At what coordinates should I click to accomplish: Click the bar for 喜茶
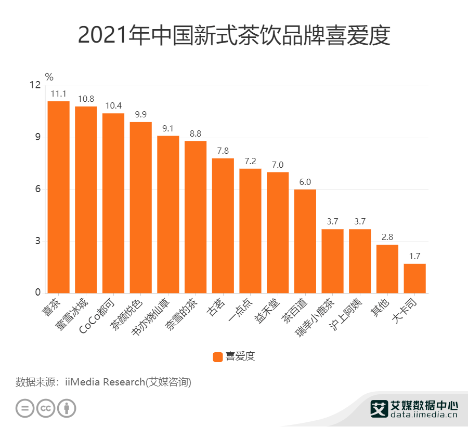coord(58,197)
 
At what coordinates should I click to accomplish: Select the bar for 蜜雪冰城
coord(86,199)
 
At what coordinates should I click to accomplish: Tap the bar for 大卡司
coord(414,278)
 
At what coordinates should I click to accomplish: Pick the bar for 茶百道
coord(305,241)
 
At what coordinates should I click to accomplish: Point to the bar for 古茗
coord(223,225)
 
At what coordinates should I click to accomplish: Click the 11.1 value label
coord(58,94)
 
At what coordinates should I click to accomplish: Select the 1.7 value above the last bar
coord(414,257)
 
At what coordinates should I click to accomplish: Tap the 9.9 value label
coord(140,115)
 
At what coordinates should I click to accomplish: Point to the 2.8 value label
coord(387,237)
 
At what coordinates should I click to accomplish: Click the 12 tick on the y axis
coord(35,86)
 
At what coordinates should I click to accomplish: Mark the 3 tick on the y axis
coord(37,241)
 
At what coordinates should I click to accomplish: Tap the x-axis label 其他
coord(379,307)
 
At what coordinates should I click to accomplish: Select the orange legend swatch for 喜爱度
coord(218,356)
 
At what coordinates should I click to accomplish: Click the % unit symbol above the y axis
coord(49,77)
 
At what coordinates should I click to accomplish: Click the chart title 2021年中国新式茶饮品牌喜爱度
coord(234,36)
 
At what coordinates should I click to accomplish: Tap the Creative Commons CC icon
coord(46,408)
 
